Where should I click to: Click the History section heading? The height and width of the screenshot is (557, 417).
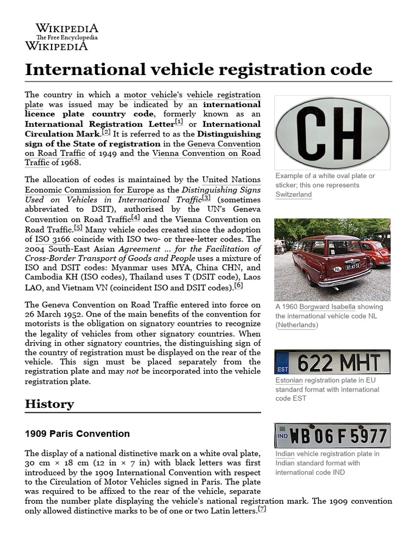(49, 404)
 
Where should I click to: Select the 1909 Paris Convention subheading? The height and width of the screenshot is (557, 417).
(77, 434)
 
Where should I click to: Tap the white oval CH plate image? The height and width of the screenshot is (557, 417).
(332, 132)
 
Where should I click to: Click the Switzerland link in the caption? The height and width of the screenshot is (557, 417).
(293, 194)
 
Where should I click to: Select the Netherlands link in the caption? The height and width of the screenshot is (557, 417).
(296, 325)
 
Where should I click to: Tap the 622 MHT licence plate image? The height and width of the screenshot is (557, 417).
(332, 362)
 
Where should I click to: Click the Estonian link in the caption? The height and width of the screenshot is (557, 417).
(289, 380)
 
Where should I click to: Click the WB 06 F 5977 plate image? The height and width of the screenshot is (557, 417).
(332, 436)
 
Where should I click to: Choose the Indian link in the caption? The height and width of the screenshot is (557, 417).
(285, 454)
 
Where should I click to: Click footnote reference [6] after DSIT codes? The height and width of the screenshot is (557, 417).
(238, 285)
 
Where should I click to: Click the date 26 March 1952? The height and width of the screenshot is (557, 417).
(53, 314)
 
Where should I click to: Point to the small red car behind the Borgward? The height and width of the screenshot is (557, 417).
(376, 253)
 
